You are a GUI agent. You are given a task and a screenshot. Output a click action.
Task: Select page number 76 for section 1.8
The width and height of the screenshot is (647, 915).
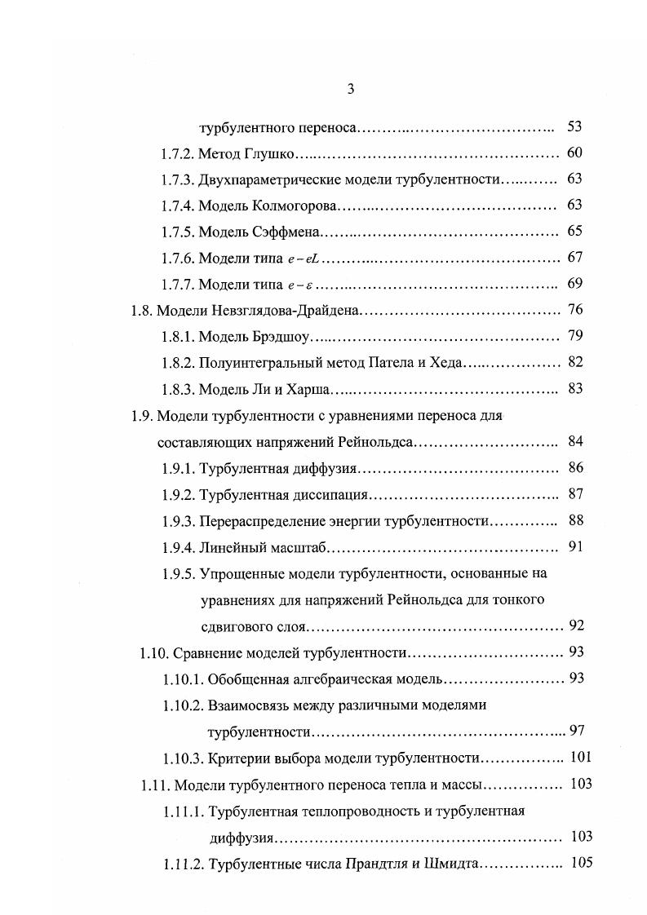pyautogui.click(x=574, y=310)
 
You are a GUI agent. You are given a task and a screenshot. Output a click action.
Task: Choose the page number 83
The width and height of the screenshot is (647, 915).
pyautogui.click(x=574, y=388)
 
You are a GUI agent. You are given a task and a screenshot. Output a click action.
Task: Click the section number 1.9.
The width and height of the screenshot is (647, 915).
pyautogui.click(x=141, y=415)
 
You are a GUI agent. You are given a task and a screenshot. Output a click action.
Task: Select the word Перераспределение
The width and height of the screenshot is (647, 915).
pyautogui.click(x=268, y=520)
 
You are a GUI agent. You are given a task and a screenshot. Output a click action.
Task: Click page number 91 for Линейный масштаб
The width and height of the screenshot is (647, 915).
pyautogui.click(x=574, y=546)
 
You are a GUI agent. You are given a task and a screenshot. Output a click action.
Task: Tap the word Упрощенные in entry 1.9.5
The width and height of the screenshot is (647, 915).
pyautogui.click(x=237, y=572)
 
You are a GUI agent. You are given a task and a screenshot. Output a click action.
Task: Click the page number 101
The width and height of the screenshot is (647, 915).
pyautogui.click(x=580, y=758)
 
